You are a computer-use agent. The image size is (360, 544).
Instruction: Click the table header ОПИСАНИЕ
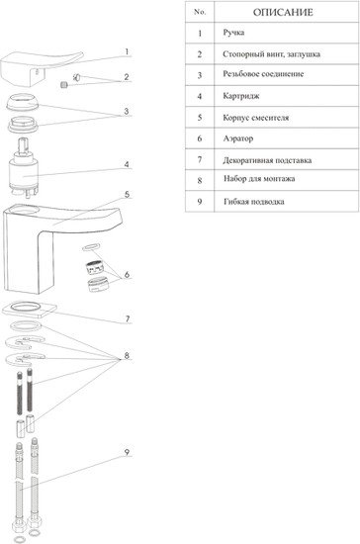point(283,13)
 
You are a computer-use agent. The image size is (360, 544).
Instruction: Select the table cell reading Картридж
point(241,96)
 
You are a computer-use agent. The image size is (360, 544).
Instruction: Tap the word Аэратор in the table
point(238,138)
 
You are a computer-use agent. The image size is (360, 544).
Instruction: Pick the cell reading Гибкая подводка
point(254,202)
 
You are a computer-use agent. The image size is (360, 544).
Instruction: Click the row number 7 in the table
point(200,159)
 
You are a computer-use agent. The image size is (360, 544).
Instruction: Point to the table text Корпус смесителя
point(256,118)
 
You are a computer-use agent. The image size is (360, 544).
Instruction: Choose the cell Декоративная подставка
point(267,160)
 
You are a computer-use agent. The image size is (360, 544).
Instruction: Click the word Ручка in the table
point(233,33)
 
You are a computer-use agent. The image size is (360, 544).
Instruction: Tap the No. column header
point(200,12)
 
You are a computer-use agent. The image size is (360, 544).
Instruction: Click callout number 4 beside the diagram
point(127,164)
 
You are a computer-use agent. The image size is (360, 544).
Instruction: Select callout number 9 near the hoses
point(127,452)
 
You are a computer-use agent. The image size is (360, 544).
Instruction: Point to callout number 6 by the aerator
point(127,274)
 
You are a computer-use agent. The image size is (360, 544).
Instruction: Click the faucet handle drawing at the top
point(39,69)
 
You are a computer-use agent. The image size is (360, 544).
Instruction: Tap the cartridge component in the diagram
point(23,168)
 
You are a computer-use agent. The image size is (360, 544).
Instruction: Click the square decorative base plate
point(29,309)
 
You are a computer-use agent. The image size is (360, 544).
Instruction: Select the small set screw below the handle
point(64,84)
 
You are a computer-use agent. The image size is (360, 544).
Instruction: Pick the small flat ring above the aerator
point(91,247)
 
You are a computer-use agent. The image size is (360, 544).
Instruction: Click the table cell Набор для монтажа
point(259,179)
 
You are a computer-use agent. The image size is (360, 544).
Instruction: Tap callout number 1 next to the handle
point(127,52)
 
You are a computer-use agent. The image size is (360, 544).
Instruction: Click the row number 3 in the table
point(200,75)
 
